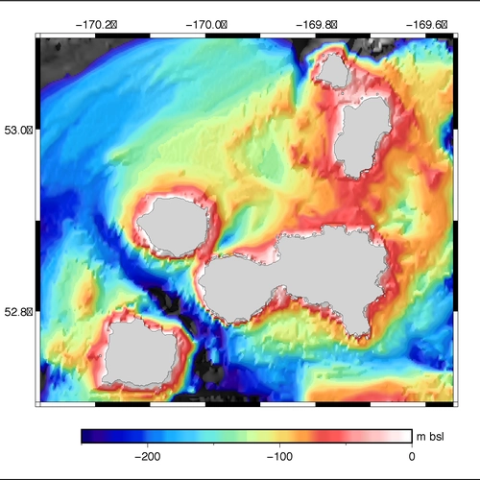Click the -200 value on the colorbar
point(149,456)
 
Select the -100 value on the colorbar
point(280,456)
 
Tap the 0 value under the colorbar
point(411,456)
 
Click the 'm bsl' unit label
point(430,437)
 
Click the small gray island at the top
point(333,69)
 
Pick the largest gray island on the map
point(307,278)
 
